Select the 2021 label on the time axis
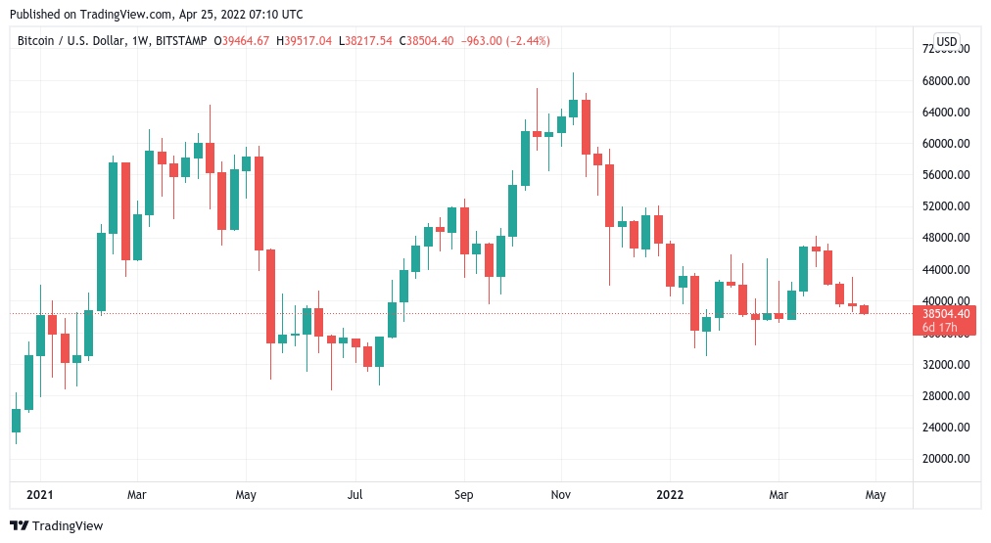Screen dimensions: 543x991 pos(40,495)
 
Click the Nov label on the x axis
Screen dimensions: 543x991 pos(561,495)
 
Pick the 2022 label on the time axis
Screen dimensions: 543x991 pos(670,495)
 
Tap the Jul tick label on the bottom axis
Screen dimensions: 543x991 pos(354,495)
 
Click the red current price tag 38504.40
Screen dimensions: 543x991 pos(945,314)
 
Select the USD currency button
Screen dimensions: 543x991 pos(946,41)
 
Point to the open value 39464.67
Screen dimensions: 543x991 pos(246,41)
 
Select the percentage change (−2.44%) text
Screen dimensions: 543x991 pos(526,41)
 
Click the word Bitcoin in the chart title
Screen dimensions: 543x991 pos(37,41)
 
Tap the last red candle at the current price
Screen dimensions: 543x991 pos(864,310)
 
